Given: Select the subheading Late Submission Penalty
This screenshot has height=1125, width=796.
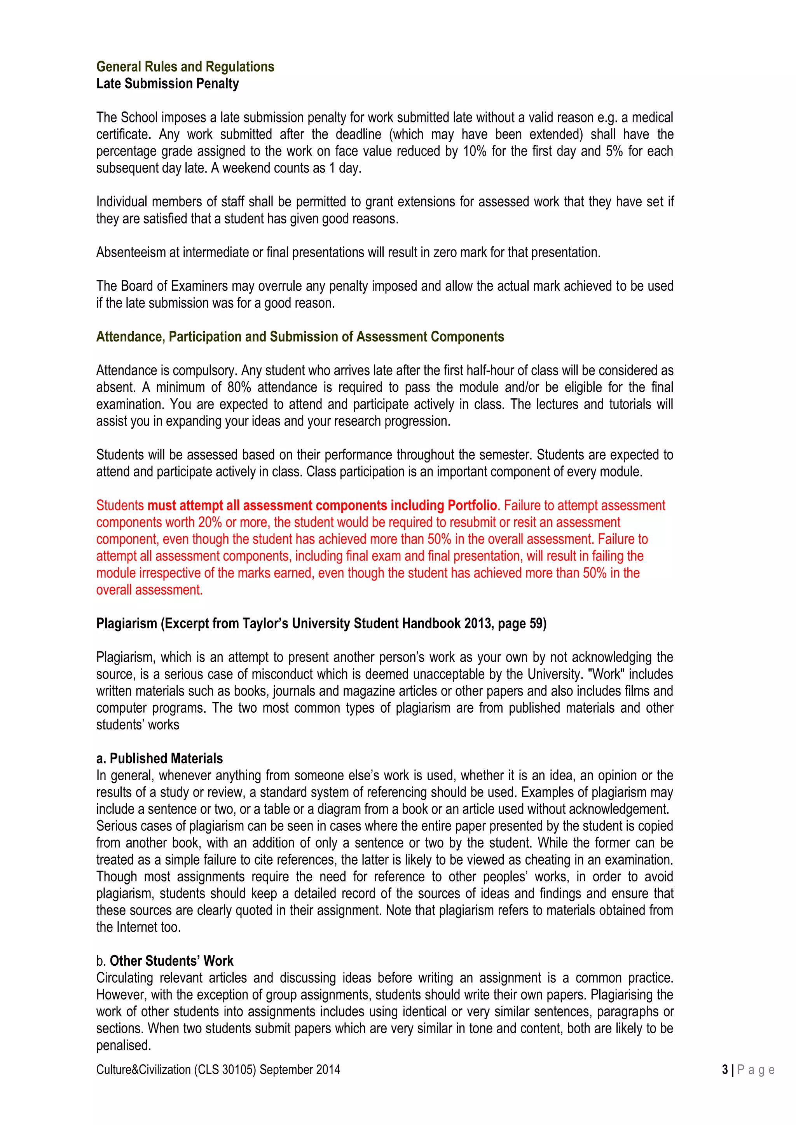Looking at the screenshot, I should click(x=167, y=84).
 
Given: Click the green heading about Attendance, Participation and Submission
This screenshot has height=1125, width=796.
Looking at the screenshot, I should click(x=300, y=337).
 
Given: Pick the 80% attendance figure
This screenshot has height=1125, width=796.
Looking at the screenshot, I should click(x=239, y=387).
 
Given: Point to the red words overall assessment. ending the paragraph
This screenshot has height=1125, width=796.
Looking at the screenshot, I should click(x=149, y=590).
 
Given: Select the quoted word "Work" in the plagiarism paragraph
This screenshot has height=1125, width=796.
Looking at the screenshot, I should click(x=606, y=674).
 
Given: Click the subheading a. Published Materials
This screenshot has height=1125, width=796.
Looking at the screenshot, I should click(x=159, y=759).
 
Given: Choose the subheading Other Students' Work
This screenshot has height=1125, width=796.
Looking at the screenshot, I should click(x=171, y=961).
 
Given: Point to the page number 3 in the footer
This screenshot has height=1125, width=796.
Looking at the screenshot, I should click(x=725, y=1070).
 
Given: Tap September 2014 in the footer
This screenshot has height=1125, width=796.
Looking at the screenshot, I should click(x=300, y=1070).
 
